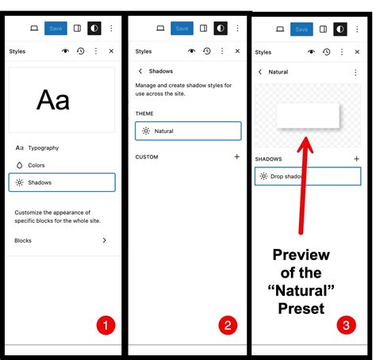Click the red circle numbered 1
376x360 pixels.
(106, 325)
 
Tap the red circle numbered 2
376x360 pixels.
(228, 325)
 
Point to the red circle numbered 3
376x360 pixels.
(347, 325)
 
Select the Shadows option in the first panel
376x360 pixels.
(62, 182)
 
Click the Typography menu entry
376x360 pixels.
(37, 147)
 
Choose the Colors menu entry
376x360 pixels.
(30, 165)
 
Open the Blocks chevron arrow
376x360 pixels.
(105, 240)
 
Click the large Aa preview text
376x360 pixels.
(53, 100)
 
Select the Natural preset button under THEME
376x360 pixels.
(188, 131)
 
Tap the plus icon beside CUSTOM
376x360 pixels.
(237, 157)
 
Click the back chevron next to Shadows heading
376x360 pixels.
(140, 71)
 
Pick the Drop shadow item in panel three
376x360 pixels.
(308, 176)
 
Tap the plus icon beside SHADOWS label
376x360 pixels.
(356, 159)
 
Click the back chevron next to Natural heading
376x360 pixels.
(260, 72)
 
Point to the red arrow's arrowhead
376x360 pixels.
(305, 144)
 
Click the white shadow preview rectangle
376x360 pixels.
(308, 116)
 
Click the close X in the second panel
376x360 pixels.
(237, 51)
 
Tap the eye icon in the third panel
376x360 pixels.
(312, 52)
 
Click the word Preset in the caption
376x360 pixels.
(301, 308)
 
